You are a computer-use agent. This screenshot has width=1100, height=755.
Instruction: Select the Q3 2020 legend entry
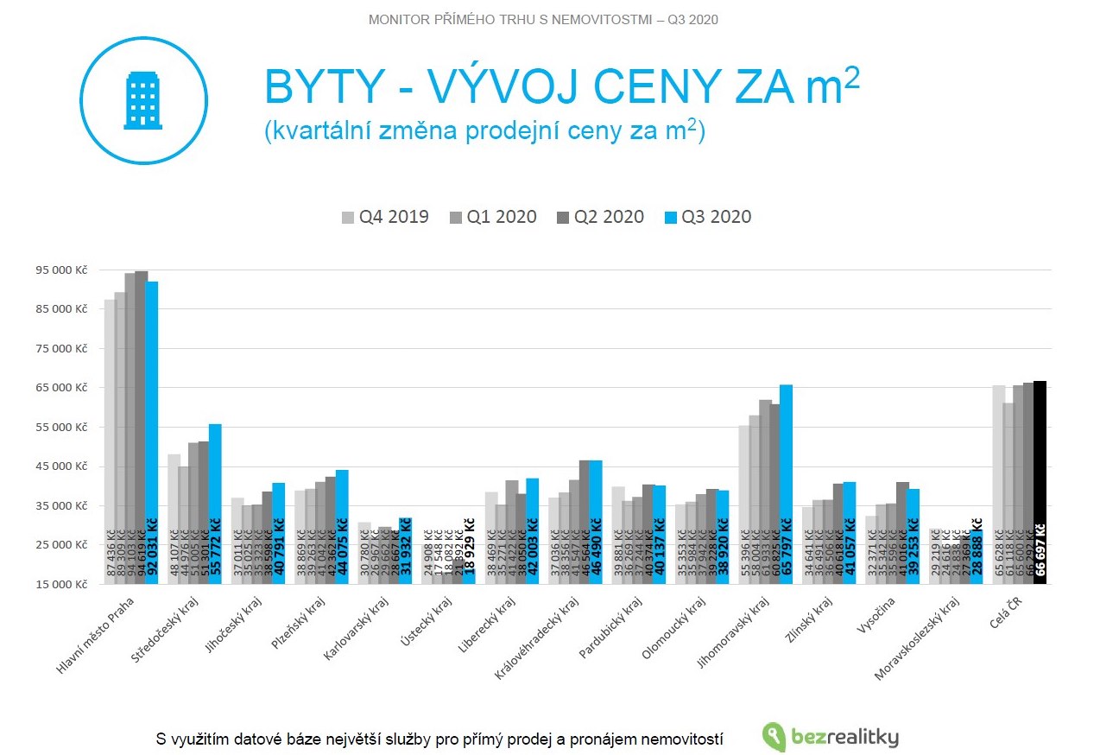[708, 217]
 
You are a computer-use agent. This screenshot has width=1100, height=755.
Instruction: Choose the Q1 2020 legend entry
[493, 217]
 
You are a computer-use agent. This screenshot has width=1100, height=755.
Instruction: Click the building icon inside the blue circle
[143, 100]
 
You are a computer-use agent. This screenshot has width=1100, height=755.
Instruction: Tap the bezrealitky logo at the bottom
[831, 737]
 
